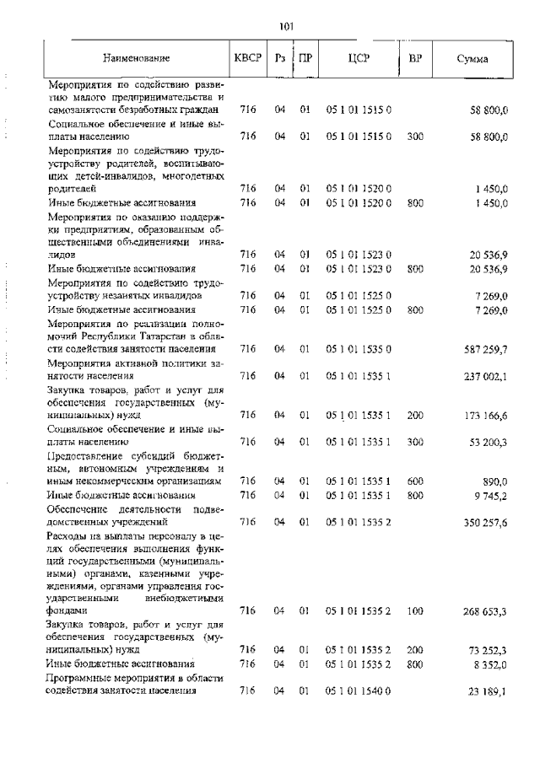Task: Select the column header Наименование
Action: pyautogui.click(x=136, y=58)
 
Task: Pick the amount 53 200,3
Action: pyautogui.click(x=488, y=441)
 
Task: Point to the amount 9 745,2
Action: pyautogui.click(x=490, y=495)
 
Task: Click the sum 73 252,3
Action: pyautogui.click(x=488, y=650)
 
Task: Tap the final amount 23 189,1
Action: pyautogui.click(x=488, y=690)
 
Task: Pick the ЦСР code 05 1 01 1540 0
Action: pyautogui.click(x=358, y=690)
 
